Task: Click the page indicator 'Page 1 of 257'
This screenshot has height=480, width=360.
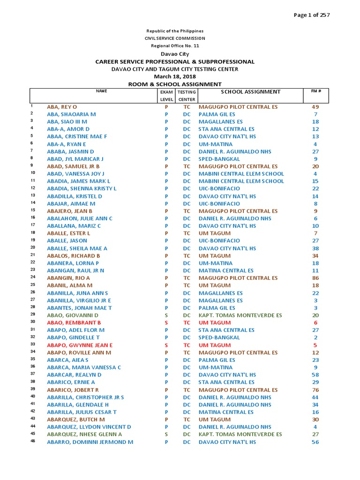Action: [312, 15]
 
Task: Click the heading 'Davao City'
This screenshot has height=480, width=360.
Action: [175, 54]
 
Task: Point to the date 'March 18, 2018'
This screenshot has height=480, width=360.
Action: [175, 76]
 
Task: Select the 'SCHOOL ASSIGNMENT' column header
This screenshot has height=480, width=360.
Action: [250, 92]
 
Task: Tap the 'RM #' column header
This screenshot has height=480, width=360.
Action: [315, 91]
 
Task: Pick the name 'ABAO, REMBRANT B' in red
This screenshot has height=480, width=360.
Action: [74, 322]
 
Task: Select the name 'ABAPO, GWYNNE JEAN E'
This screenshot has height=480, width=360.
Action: [80, 345]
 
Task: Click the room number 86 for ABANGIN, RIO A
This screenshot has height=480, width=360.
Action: [315, 278]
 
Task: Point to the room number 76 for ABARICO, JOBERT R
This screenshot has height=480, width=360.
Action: [315, 390]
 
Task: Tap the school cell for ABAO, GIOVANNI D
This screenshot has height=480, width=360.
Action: [240, 315]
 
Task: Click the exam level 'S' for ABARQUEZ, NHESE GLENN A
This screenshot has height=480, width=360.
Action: [166, 435]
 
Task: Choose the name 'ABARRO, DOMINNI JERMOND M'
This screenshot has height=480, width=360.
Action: [90, 442]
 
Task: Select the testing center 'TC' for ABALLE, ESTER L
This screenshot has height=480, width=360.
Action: [187, 233]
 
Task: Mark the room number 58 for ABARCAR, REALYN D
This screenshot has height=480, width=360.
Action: [315, 375]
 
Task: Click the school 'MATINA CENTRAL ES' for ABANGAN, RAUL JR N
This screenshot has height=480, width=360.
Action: [226, 270]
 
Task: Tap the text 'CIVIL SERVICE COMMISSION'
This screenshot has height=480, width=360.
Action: [175, 38]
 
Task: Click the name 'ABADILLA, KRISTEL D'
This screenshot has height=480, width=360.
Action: [74, 196]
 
